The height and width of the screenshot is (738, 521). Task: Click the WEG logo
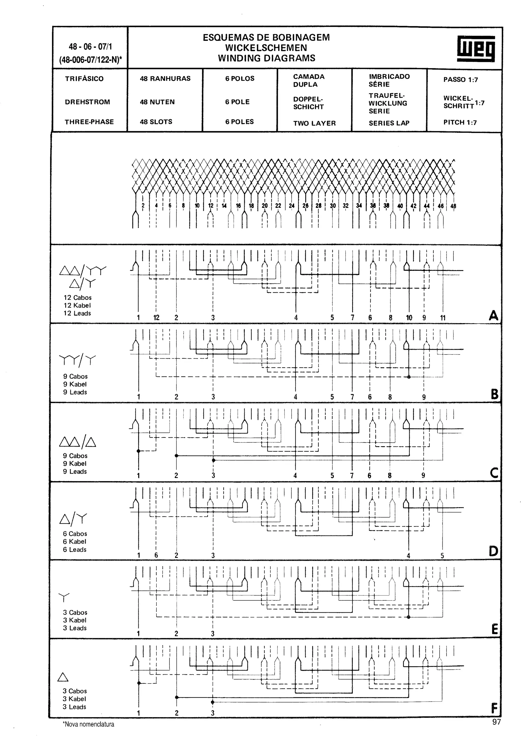tap(476, 49)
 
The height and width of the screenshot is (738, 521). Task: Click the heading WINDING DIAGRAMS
tap(266, 58)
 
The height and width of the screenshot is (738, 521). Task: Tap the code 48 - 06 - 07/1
tap(90, 47)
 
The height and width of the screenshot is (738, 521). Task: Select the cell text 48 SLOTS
tap(156, 122)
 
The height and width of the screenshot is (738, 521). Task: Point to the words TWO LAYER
tap(314, 123)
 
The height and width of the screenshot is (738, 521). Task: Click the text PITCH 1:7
tap(460, 122)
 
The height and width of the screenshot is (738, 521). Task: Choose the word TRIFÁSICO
tap(84, 79)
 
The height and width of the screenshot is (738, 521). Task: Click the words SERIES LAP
tap(389, 123)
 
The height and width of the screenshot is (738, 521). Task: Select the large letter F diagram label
tap(494, 708)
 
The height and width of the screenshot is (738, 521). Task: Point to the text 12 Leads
tap(77, 313)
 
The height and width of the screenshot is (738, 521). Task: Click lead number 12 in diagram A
tap(156, 318)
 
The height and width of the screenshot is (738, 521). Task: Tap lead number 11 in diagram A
tap(443, 318)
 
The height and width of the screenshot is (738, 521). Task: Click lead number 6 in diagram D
tap(156, 555)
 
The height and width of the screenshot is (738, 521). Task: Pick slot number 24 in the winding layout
tap(292, 206)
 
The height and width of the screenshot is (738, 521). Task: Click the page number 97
tap(496, 722)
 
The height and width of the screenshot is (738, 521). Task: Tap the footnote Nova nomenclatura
tap(89, 724)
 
